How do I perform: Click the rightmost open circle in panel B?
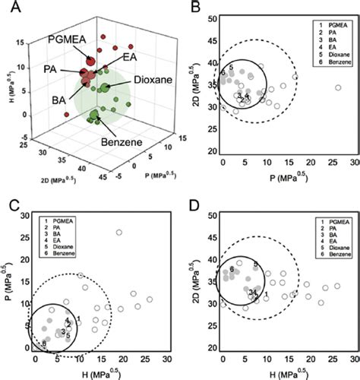click(x=338, y=88)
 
